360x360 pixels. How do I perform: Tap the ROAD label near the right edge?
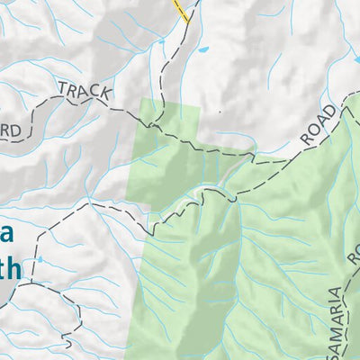coord(319,125)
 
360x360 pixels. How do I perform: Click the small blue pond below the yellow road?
coord(204,48)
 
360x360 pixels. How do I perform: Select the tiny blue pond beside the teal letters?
coord(40,260)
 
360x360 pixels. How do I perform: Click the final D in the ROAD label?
coord(335,112)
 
